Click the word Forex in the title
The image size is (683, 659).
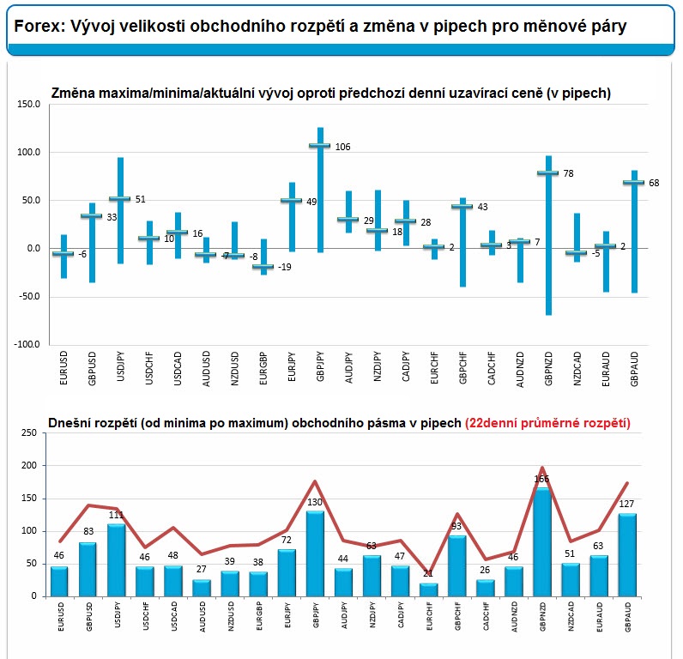[x=35, y=27]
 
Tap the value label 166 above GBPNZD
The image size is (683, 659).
[x=541, y=479]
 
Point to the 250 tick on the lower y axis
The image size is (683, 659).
[x=27, y=433]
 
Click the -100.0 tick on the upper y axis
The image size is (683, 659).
[x=27, y=344]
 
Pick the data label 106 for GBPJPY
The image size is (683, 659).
[x=342, y=147]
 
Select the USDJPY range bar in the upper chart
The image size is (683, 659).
[x=120, y=210]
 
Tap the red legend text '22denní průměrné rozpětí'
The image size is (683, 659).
[x=547, y=423]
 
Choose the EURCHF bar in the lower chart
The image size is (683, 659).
[x=429, y=589]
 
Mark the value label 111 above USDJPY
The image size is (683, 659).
[x=117, y=515]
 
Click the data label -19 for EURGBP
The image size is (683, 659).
[x=284, y=267]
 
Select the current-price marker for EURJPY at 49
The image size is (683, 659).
[x=292, y=201]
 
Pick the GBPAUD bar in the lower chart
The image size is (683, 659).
[x=628, y=554]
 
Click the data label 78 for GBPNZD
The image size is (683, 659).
[x=568, y=173]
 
